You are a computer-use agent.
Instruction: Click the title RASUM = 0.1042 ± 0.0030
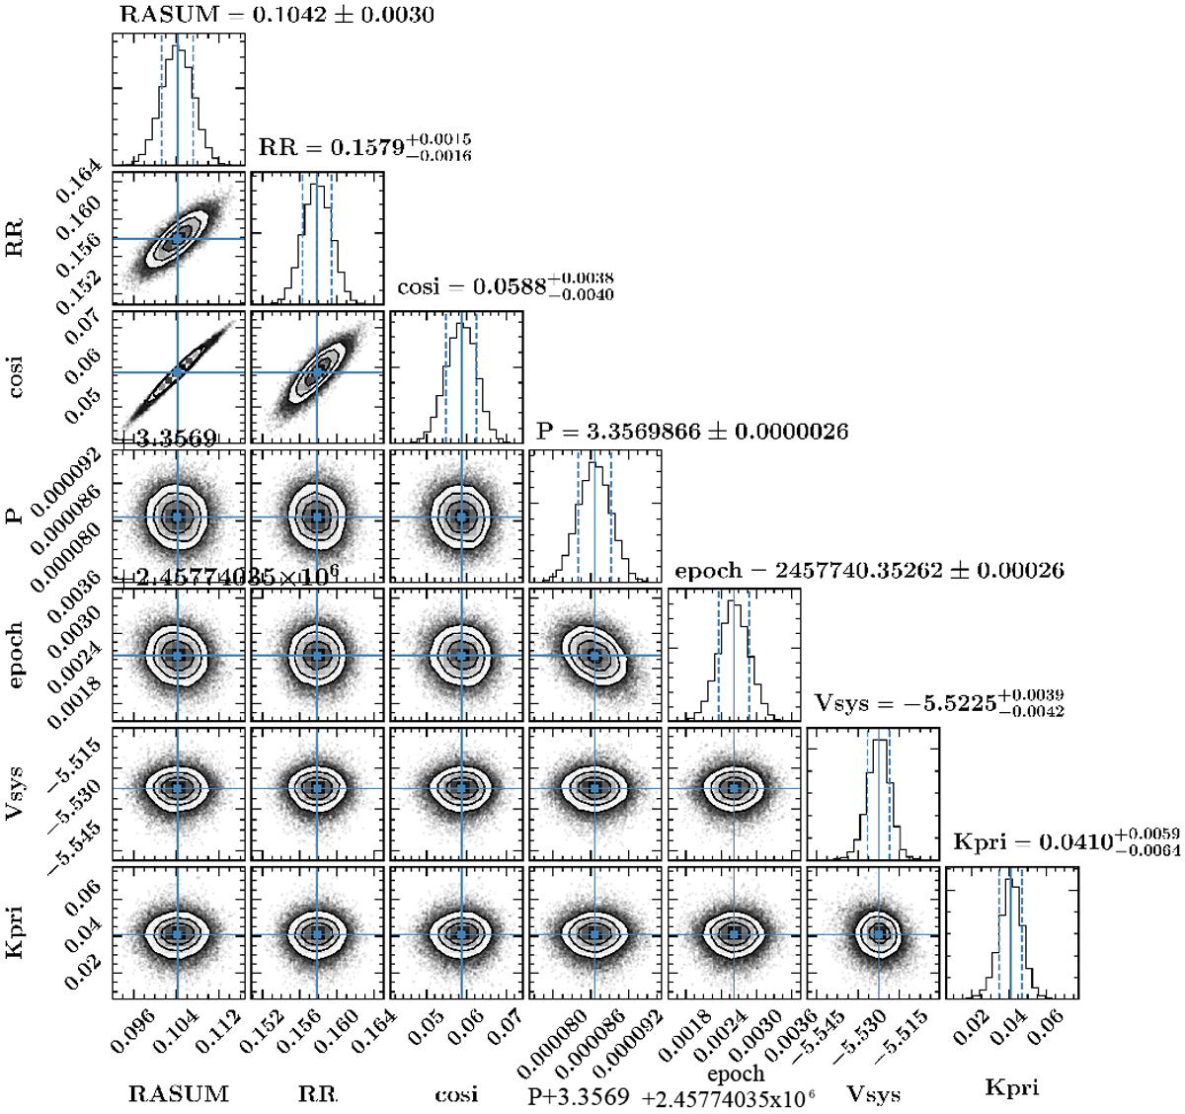click(x=276, y=15)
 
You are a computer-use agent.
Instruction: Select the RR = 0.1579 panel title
click(x=364, y=148)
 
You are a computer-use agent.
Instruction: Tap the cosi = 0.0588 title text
click(x=506, y=286)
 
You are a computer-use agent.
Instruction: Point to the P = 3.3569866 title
click(x=692, y=432)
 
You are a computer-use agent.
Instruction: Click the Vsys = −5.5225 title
click(x=939, y=703)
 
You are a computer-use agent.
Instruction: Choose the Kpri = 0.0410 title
click(x=1066, y=842)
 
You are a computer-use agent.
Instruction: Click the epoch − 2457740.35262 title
click(x=869, y=571)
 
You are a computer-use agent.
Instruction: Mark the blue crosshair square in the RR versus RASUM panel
click(x=178, y=238)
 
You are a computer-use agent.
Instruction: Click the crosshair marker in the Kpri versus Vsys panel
click(x=879, y=933)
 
